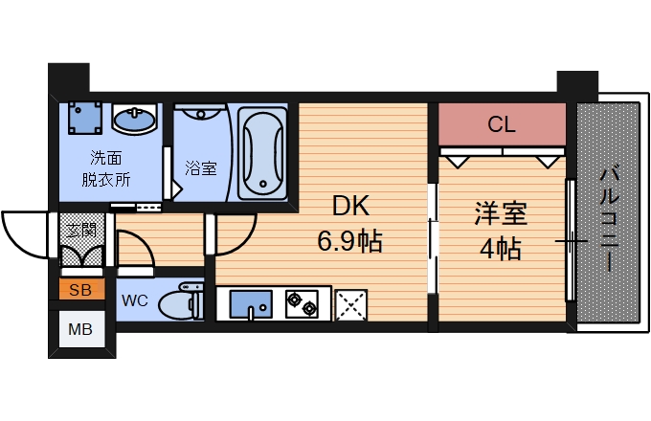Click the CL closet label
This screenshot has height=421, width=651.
tap(502, 124)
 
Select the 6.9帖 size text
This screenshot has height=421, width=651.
tap(350, 241)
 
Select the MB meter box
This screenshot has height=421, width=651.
tap(79, 330)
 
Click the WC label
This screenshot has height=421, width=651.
tap(134, 300)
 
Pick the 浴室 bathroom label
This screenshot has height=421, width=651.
tap(201, 168)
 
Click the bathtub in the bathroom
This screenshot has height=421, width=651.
tap(261, 153)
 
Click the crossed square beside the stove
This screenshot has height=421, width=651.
tap(351, 304)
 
